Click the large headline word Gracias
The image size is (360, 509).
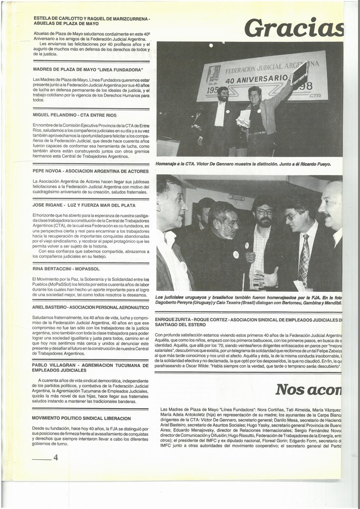click(294, 28)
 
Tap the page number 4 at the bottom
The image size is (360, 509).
click(56, 458)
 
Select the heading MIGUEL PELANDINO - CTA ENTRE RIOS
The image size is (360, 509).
click(72, 115)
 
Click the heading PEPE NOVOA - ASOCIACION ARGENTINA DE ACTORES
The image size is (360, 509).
click(90, 170)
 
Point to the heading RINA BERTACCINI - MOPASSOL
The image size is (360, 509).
click(66, 269)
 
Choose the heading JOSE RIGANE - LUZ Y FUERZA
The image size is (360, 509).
click(84, 205)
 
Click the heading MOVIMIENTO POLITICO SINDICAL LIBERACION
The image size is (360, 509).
click(82, 418)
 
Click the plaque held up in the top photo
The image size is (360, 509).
click(300, 73)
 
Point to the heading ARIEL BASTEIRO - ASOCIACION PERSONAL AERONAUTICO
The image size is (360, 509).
click(90, 307)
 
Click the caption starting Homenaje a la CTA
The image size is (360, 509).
click(243, 164)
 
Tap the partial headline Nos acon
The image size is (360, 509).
click(309, 389)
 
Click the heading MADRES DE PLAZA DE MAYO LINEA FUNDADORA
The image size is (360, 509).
click(88, 69)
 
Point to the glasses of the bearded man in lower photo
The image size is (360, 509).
click(265, 212)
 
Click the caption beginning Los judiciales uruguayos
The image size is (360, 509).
click(248, 299)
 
